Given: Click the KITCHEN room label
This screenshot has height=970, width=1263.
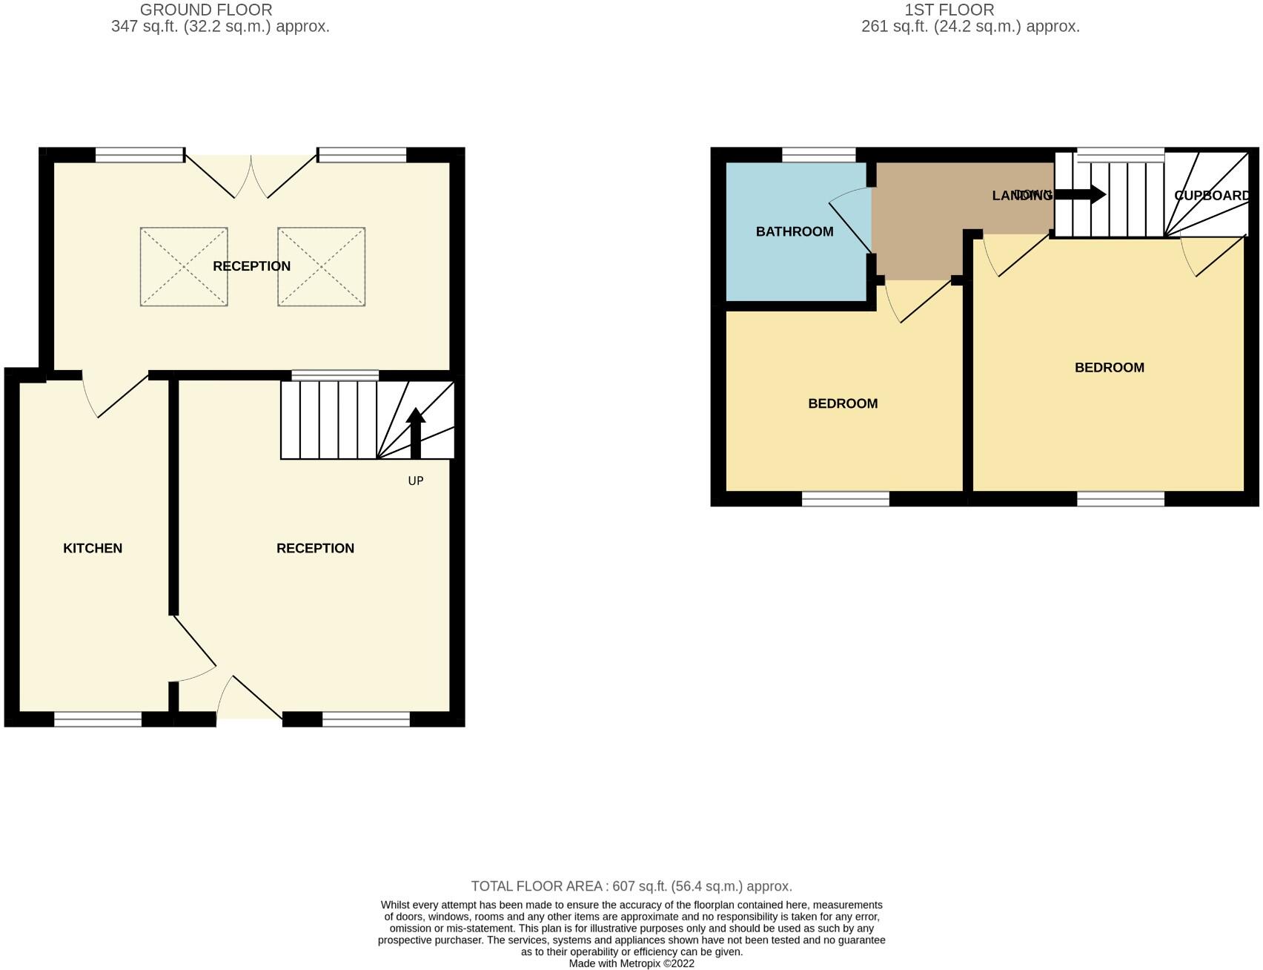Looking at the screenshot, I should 93,548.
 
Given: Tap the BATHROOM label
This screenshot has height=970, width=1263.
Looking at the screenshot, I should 795,231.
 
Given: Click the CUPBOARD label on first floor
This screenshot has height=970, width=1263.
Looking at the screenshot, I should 1212,195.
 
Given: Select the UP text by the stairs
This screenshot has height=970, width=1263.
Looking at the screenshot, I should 416,481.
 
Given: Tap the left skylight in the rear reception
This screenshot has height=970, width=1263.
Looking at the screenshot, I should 184,266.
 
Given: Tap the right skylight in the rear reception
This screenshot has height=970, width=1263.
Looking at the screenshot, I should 321,266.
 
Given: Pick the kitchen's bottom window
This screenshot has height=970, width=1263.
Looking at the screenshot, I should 98,719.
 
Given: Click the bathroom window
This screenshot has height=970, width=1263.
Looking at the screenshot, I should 819,155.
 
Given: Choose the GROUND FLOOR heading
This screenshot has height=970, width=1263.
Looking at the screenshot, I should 206,10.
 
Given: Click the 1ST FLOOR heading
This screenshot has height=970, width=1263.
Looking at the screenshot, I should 949,10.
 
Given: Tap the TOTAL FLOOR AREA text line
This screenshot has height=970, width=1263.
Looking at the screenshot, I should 631,886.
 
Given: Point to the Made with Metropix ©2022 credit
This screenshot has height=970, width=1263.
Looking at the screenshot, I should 631,963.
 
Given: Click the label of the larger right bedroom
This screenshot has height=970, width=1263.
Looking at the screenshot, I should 1109,367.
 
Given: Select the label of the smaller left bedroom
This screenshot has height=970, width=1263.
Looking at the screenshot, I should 843,403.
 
